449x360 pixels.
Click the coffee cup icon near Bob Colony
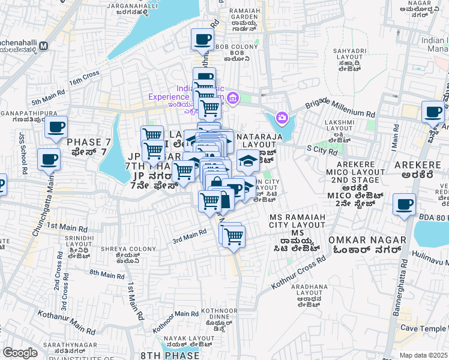pos(202,40)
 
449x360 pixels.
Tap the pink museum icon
pos(234,97)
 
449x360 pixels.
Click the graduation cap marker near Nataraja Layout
pos(248,160)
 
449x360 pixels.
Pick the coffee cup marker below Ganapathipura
pos(56,127)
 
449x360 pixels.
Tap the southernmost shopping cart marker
pos(233,236)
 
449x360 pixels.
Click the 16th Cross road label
pos(83,78)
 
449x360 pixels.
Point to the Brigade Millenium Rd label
pos(340,106)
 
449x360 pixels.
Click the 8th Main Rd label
pos(106,274)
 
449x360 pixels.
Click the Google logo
pos(20,353)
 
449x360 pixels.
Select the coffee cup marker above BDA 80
pos(404,204)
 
